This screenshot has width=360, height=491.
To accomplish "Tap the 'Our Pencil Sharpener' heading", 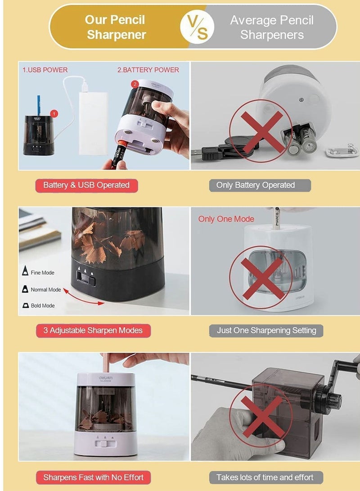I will pos(116,27).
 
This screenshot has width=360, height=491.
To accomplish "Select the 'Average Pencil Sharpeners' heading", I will pos(272,27).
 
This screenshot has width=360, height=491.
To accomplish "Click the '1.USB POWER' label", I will pos(45,70).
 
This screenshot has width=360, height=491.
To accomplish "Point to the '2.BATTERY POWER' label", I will pos(148,70).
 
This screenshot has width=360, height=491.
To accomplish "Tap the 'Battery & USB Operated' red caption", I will pos(86,185).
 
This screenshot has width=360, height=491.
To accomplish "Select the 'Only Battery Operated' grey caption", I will pos(256,185).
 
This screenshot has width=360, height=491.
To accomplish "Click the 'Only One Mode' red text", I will pos(226,219).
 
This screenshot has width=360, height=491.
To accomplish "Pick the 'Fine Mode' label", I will pos(42,273).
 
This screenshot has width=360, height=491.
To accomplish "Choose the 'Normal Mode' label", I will pos(45,289).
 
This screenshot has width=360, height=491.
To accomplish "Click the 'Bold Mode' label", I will pos(42,306).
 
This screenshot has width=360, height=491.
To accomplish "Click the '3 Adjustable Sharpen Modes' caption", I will pos(93,330).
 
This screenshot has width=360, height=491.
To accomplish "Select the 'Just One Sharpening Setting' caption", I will pos(266,330).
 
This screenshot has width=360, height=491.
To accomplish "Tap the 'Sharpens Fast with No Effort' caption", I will pos(93,477).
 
